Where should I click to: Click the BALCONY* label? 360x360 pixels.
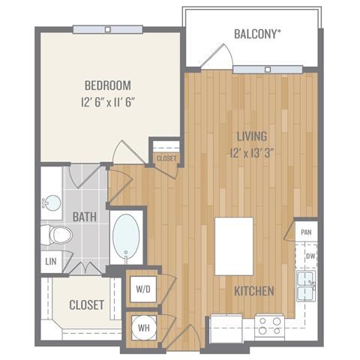(257, 34)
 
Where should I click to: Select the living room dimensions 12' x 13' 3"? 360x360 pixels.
(252, 153)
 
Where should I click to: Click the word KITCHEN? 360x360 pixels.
(254, 291)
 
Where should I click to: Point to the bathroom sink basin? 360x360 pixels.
(52, 203)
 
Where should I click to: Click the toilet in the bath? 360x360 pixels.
(57, 235)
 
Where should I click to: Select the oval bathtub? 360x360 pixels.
(126, 237)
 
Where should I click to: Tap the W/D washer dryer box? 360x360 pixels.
(143, 289)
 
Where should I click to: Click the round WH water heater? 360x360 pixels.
(144, 328)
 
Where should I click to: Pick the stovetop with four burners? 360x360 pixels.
(269, 325)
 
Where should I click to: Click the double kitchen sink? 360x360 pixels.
(306, 286)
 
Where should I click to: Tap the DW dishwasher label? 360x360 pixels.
(310, 256)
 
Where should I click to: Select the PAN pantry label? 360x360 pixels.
(306, 232)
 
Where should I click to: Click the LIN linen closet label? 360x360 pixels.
(51, 262)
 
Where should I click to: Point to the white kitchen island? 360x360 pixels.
(234, 247)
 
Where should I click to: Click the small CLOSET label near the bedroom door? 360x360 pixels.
(166, 158)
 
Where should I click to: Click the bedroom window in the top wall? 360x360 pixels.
(108, 29)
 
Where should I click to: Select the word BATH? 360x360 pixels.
(85, 217)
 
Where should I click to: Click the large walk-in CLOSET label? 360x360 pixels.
(87, 305)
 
